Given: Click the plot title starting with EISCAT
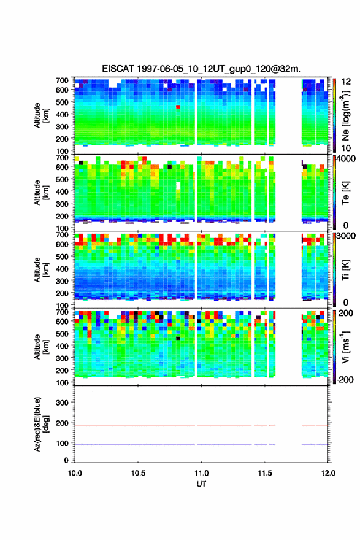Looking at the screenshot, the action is point(201,69).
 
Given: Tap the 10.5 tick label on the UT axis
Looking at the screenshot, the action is point(138,473).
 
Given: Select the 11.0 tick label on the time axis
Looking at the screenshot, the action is point(201,473).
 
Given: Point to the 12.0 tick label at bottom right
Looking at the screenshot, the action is point(328,473).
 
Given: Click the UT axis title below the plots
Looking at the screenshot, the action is point(201,484).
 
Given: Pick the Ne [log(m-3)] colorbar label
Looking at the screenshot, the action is point(345,116).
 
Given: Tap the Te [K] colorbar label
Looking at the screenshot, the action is point(345,193).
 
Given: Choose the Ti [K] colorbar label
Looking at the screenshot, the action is point(345,270).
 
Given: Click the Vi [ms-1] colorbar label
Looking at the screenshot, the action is point(345,347).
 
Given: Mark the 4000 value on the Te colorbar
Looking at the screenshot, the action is point(346,159).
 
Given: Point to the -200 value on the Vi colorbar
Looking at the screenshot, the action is point(343,379).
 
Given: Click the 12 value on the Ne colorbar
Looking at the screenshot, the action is point(346,82).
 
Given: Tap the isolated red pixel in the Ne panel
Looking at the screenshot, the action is point(178,107).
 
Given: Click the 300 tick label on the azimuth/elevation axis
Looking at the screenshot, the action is point(63,403).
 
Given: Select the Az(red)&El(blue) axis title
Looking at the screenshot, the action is point(41,424).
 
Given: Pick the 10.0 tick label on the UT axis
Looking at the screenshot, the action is point(75,473).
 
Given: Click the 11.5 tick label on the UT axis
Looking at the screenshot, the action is point(265,473).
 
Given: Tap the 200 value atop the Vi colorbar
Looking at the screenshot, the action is point(346,313).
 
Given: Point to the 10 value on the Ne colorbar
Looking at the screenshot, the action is point(346,148).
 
